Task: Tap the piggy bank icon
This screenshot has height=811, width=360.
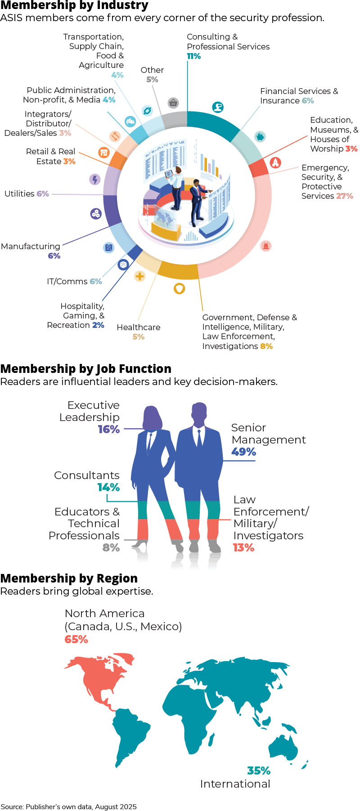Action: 260,136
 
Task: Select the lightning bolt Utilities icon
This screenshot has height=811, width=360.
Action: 94,179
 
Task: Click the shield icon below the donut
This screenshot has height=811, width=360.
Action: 180,288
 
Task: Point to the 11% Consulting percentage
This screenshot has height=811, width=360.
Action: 194,56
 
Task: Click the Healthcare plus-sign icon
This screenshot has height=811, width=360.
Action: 140,276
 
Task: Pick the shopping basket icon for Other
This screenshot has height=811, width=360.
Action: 173,103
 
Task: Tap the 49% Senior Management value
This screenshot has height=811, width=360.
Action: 243,452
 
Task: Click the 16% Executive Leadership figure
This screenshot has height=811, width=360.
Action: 109,429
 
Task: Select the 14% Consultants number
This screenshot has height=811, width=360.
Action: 109,487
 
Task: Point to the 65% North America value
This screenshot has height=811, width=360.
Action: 76,639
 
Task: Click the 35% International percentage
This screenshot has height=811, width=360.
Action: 259,771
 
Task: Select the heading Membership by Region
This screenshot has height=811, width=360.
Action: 69,578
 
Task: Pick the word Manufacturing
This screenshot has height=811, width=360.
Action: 31,246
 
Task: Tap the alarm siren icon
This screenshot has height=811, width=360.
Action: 266,246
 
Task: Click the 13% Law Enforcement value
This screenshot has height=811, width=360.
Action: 243,547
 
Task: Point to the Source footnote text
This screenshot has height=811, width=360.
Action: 68,807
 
